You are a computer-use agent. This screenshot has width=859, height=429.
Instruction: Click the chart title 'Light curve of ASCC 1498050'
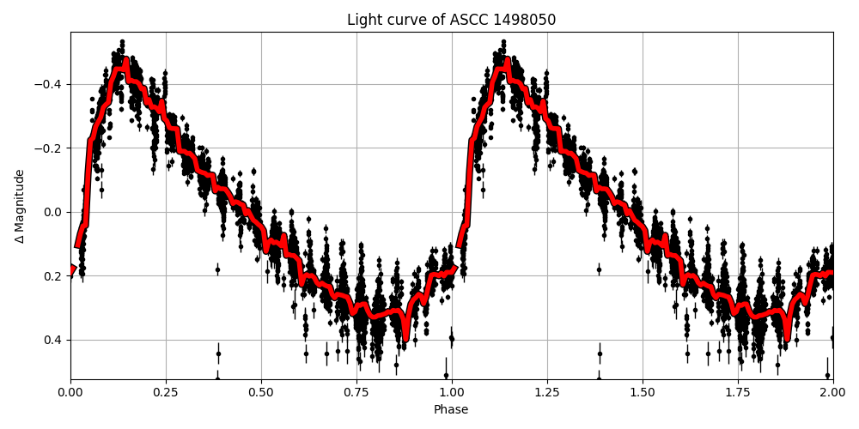coord(451,20)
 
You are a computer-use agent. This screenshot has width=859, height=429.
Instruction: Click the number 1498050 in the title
coord(525,20)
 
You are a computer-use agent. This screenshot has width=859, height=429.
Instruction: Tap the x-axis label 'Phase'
coord(451,410)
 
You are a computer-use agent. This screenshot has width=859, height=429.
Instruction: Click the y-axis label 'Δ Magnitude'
coord(20,206)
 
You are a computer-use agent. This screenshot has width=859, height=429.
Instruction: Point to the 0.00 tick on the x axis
coord(70,392)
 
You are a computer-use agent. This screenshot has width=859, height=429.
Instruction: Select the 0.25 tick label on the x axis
coord(166,392)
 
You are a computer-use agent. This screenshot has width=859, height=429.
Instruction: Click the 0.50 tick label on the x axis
coord(261,392)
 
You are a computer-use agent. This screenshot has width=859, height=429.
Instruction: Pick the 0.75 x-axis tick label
coord(356,392)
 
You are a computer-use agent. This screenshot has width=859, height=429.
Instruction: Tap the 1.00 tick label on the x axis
coord(452,392)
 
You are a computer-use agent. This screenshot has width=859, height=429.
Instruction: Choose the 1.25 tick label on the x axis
coord(547,392)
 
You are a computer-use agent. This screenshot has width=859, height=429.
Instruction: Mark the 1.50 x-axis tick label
coord(643,392)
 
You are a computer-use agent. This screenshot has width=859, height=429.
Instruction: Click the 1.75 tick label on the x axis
coord(738,392)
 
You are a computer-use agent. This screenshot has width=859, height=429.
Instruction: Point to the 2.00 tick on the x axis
coord(832,392)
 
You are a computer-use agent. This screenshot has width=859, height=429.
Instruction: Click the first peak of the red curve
coord(125,62)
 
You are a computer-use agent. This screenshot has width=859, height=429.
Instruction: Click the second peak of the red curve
coord(507,62)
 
